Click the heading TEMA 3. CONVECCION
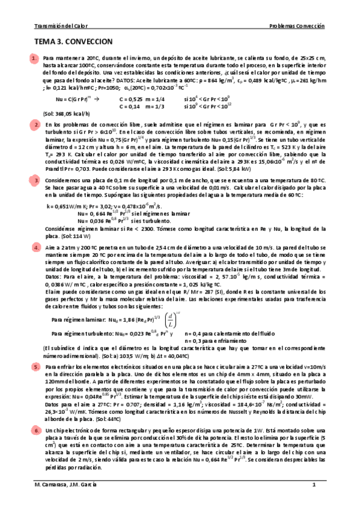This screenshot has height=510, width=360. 74,43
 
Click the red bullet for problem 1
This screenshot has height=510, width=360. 35,58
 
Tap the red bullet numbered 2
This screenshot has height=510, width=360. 35,124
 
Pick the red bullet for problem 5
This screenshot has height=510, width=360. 35,365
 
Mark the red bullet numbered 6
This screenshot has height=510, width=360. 35,431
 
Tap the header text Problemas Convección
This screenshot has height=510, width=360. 296,26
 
